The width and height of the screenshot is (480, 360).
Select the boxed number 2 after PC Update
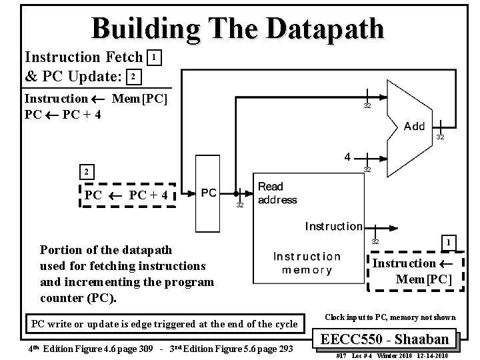(x=133, y=77)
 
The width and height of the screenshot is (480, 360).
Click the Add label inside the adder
(x=414, y=127)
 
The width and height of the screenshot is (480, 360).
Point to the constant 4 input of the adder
(x=348, y=157)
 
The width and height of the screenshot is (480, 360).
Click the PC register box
(x=209, y=192)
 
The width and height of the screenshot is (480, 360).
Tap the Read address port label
(x=277, y=193)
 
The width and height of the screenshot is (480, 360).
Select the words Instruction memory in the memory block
(x=307, y=263)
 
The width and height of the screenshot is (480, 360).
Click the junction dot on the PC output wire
(x=238, y=193)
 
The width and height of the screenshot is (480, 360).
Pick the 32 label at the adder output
(x=440, y=137)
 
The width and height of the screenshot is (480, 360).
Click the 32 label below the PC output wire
(x=241, y=206)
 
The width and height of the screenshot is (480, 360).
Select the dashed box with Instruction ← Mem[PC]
(x=414, y=271)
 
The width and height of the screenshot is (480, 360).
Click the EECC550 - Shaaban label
(x=389, y=338)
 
